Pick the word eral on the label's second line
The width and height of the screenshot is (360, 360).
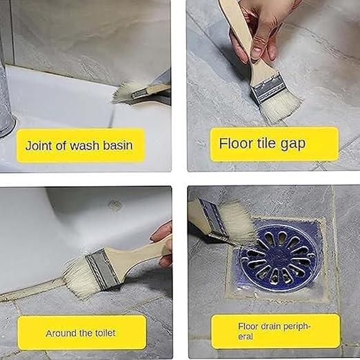(246, 337)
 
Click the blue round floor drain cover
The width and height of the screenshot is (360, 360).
(279, 258)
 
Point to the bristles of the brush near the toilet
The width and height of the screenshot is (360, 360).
(78, 277)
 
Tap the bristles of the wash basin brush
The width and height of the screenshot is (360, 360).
(123, 92)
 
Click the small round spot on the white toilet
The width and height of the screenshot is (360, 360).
(114, 205)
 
